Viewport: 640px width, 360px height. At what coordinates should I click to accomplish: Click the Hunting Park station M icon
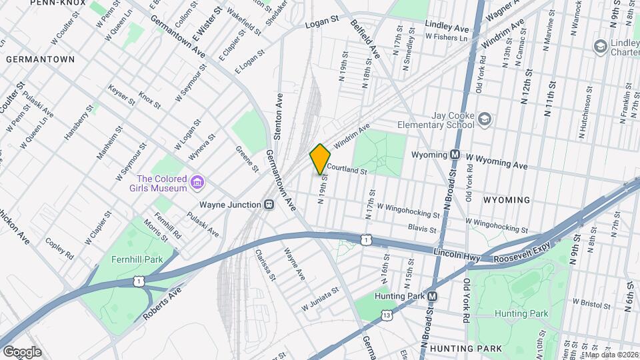pyautogui.click(x=432, y=296)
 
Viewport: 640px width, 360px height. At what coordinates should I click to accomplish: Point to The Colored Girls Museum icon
pyautogui.click(x=197, y=181)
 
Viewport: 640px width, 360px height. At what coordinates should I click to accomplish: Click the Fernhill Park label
pyautogui.click(x=127, y=259)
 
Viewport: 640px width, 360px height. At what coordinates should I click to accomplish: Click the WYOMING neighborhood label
pyautogui.click(x=506, y=200)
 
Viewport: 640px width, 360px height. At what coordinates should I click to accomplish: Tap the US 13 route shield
pyautogui.click(x=386, y=313)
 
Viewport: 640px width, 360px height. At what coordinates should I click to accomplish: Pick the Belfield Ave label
pyautogui.click(x=365, y=38)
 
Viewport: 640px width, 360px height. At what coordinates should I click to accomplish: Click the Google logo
pyautogui.click(x=22, y=351)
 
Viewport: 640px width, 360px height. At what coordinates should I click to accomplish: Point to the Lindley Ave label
pyautogui.click(x=447, y=28)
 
